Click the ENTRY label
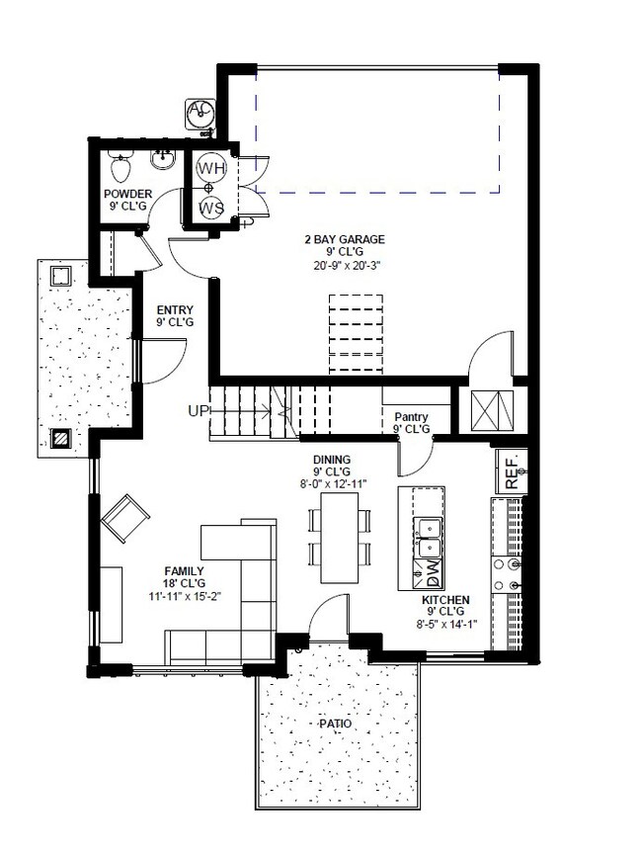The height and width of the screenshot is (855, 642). (x=175, y=309)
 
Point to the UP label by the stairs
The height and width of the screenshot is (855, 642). (x=198, y=411)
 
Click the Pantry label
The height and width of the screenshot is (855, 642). (x=411, y=417)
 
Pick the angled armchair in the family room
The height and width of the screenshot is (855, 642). (x=126, y=517)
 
